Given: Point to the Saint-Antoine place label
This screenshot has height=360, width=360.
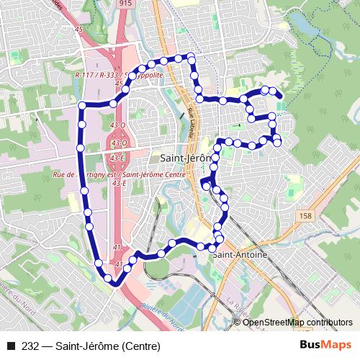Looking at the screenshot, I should pyautogui.click(x=238, y=254).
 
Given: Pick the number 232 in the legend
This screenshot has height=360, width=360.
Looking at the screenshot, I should pyautogui.click(x=31, y=346).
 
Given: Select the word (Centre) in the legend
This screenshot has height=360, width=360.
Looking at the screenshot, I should pyautogui.click(x=137, y=346).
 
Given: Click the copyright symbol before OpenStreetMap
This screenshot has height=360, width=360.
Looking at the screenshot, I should pyautogui.click(x=238, y=323).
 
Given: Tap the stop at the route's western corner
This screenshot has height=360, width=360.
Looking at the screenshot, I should pyautogui.click(x=82, y=106).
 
